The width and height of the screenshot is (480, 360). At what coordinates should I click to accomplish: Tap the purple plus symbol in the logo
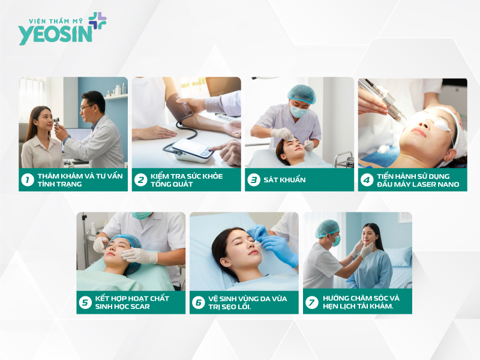98,20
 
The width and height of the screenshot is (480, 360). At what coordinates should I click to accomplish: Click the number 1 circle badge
27,179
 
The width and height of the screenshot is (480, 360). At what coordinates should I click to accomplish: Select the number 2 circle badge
140,179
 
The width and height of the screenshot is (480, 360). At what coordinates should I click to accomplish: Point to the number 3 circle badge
253,179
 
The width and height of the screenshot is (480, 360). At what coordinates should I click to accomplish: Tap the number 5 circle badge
85,302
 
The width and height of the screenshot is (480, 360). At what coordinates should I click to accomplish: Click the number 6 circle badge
198,302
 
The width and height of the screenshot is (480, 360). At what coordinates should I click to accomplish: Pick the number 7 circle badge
311,302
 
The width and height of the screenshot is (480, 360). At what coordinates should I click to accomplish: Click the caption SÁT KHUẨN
285,179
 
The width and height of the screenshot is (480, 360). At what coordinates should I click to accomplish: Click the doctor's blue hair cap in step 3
301,93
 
